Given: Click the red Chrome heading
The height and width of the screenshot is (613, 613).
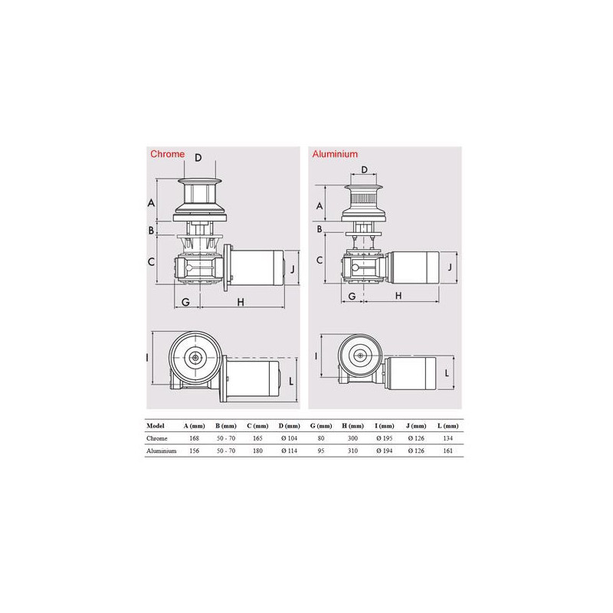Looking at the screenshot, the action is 167,154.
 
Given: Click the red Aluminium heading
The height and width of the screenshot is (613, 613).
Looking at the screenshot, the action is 335,154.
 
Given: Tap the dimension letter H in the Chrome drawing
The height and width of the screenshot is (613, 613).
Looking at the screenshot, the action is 241,302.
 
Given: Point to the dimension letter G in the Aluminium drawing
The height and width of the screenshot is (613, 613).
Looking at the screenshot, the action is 352,296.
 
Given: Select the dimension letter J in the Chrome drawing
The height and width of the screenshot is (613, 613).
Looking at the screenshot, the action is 293,269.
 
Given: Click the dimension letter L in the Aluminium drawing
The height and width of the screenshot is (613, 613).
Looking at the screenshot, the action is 447,373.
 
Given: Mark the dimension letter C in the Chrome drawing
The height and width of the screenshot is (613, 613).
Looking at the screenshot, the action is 151,261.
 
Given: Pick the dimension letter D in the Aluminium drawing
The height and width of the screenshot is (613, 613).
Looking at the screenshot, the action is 365,169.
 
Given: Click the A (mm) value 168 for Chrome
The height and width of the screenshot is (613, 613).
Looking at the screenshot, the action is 195,438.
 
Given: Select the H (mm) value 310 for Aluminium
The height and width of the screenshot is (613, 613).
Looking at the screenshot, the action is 352,451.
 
